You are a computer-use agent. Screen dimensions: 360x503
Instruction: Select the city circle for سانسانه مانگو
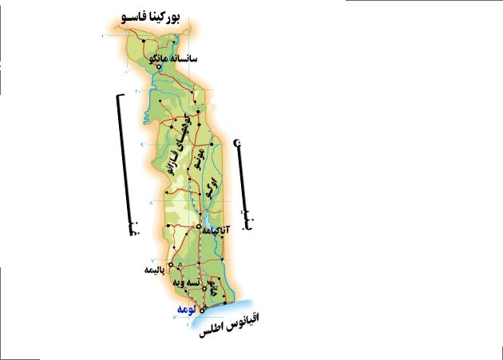click(160, 67)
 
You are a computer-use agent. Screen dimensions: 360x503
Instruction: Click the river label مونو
click(200, 159)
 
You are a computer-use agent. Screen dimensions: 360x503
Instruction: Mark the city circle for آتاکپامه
click(200, 227)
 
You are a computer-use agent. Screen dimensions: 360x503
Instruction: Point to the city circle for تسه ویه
click(204, 289)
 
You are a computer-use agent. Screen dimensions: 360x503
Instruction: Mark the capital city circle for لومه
click(203, 309)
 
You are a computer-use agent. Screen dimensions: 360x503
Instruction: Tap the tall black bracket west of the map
click(125, 164)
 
